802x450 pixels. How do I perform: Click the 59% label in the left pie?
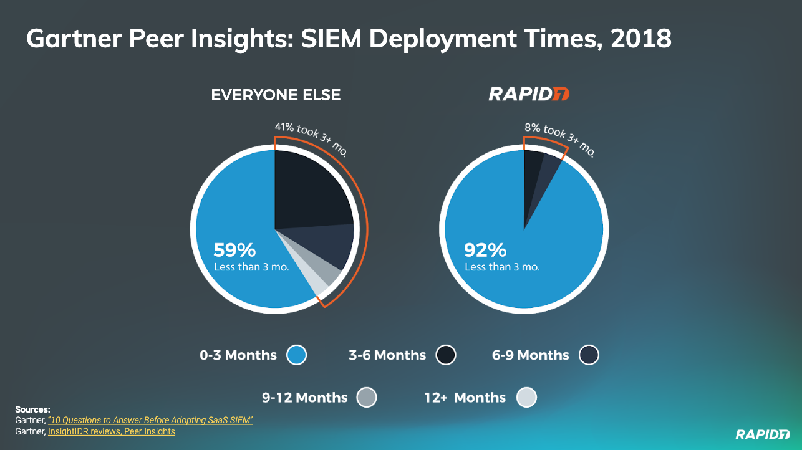[234, 250]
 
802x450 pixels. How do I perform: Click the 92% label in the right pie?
[485, 250]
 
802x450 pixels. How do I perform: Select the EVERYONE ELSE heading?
[276, 95]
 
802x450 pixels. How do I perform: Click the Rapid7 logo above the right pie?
[529, 94]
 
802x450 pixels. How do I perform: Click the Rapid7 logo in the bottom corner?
[762, 434]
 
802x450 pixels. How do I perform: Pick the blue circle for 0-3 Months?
[297, 355]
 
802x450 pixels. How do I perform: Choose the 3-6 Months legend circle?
[446, 355]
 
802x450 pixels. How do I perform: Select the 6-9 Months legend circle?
[589, 355]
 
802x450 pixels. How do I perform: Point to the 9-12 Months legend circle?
[367, 397]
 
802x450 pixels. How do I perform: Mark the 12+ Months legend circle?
[526, 397]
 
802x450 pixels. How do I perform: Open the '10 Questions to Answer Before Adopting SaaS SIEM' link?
[150, 421]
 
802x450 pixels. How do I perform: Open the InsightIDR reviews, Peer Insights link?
[112, 431]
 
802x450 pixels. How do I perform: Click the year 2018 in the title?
[641, 39]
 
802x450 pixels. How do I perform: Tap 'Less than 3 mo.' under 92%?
[502, 267]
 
